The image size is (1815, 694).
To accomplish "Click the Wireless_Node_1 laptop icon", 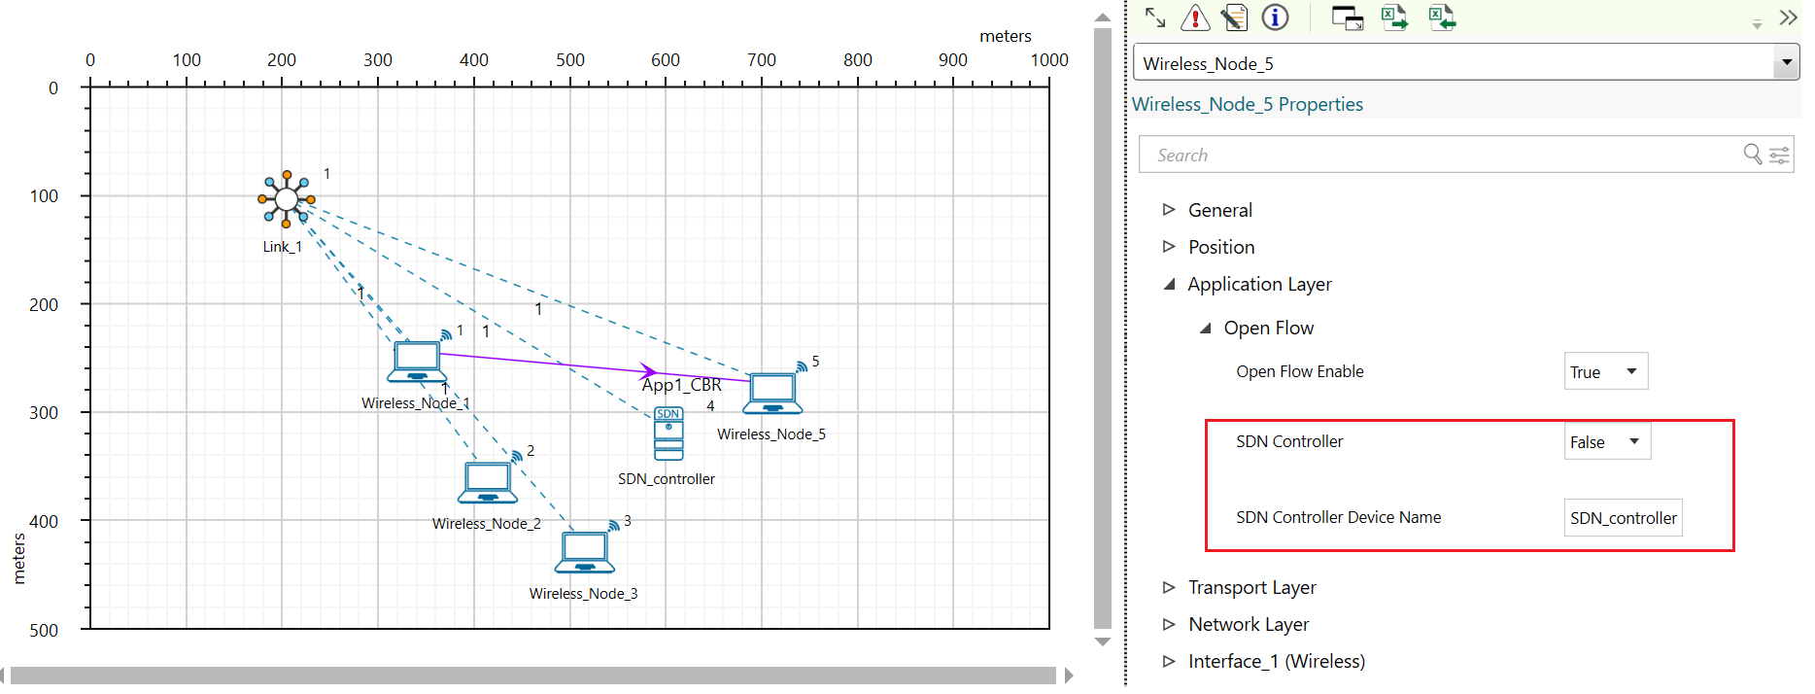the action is [x=418, y=363].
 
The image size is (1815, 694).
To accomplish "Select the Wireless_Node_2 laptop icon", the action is [x=488, y=482].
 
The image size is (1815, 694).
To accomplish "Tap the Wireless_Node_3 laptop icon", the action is [x=585, y=552].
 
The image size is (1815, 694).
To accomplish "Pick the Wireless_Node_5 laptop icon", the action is [x=772, y=394].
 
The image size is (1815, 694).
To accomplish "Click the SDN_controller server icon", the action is [x=668, y=434].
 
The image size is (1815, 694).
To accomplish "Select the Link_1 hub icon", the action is [x=287, y=199].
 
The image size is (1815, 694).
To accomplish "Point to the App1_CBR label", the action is [x=681, y=385].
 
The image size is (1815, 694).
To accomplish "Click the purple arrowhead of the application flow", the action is [x=648, y=370].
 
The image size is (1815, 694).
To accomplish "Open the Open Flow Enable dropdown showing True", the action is [x=1606, y=371].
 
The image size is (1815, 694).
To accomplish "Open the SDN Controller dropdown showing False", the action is [x=1607, y=441].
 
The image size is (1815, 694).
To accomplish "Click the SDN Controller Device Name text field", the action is [x=1624, y=518].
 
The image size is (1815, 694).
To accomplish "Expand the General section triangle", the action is [x=1169, y=210].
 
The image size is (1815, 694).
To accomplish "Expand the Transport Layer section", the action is [x=1251, y=587].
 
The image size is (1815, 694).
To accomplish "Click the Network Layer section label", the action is [x=1249, y=624].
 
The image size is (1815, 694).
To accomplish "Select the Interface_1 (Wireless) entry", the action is [x=1276, y=661].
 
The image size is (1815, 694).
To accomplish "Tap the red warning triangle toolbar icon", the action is [x=1195, y=17].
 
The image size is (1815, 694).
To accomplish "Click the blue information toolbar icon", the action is [x=1275, y=17].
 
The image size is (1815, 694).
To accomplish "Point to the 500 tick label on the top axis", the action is [x=570, y=60].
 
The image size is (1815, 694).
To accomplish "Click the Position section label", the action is [x=1221, y=247].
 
